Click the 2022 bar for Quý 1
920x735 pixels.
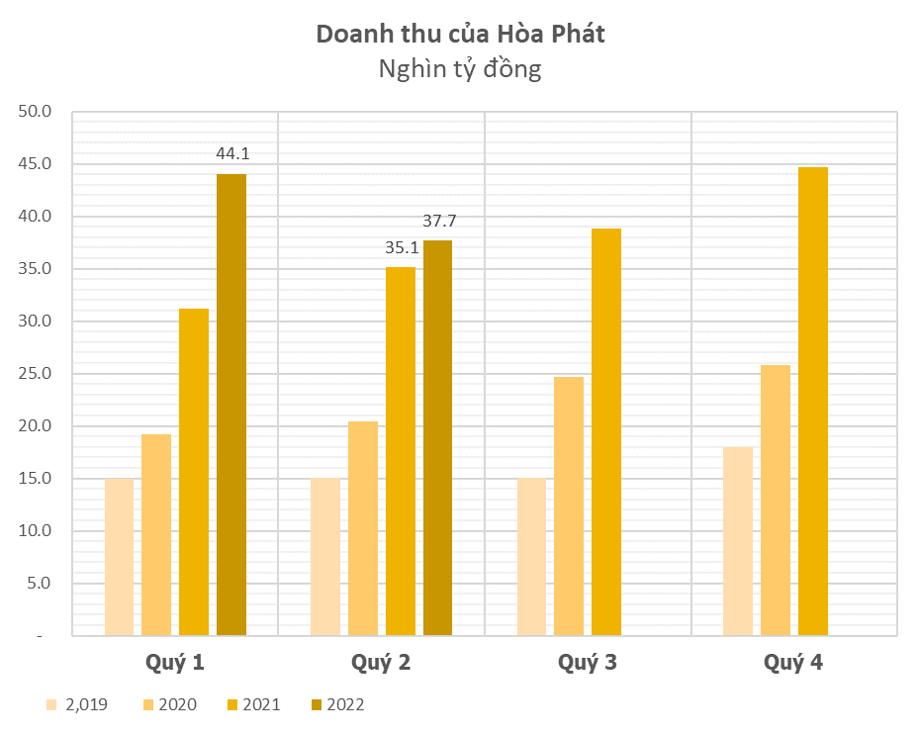click(231, 405)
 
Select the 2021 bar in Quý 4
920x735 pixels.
click(813, 402)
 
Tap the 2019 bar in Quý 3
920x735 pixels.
click(531, 557)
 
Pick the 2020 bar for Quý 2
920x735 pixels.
click(363, 528)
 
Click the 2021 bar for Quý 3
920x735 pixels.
click(606, 432)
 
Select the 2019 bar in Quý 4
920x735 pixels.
click(738, 541)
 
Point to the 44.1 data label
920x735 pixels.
click(232, 153)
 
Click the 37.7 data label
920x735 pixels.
click(439, 221)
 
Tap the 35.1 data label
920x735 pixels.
click(401, 247)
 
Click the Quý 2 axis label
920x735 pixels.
click(381, 662)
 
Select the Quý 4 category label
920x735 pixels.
click(793, 662)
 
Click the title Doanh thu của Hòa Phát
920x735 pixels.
click(460, 34)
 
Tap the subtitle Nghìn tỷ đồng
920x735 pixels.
click(460, 69)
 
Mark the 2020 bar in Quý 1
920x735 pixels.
click(156, 534)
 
